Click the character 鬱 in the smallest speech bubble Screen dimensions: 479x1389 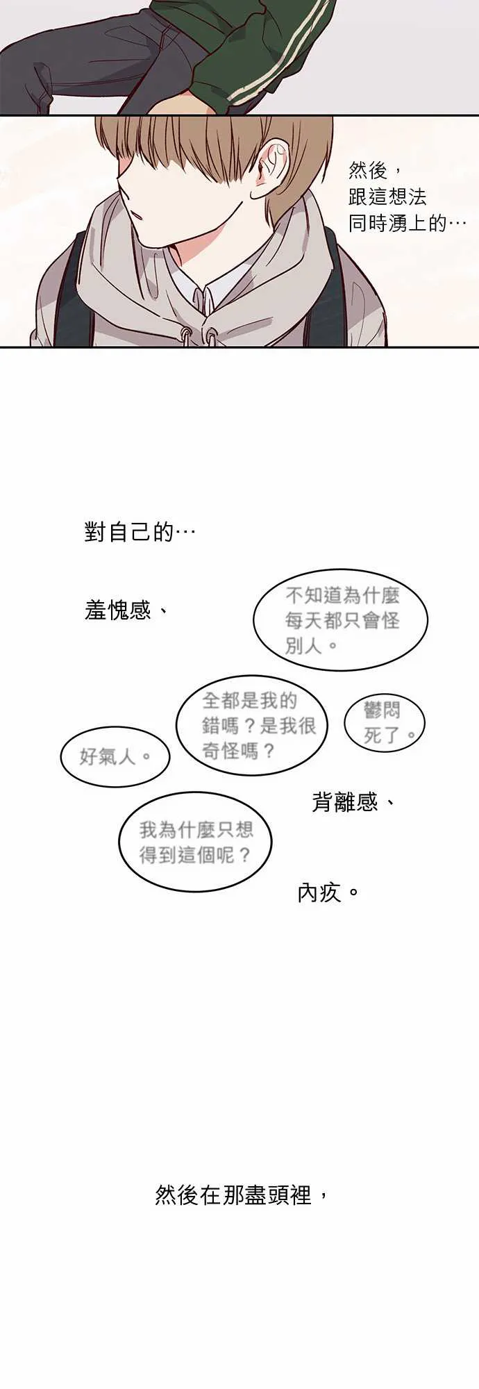(x=373, y=709)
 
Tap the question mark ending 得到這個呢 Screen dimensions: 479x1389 (x=243, y=854)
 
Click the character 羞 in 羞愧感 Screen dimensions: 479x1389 (x=95, y=610)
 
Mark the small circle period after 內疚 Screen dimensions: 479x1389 (x=353, y=892)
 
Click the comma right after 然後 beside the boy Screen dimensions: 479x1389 (x=395, y=167)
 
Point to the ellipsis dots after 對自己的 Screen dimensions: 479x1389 (x=185, y=533)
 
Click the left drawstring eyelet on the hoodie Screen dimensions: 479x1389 (x=187, y=335)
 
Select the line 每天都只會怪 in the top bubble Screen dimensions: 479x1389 (x=342, y=620)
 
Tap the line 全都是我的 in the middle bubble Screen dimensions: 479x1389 (x=249, y=701)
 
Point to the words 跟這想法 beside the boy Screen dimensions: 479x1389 (x=387, y=197)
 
